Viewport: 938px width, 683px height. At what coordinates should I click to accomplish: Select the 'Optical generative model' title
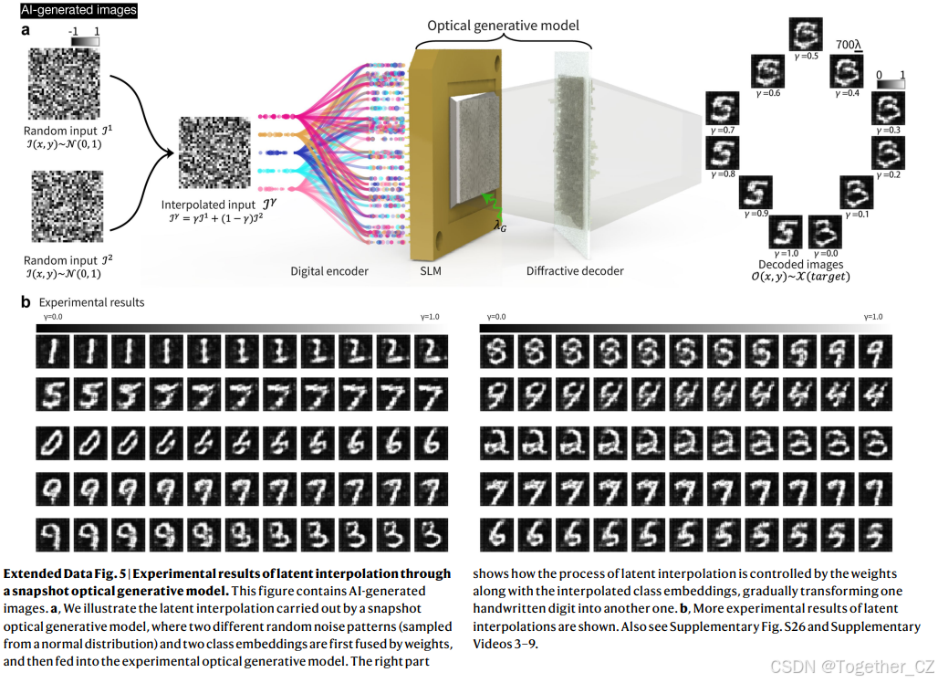(504, 26)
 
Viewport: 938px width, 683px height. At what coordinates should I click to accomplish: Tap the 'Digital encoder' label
(328, 271)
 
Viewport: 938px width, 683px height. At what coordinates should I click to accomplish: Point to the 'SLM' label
(427, 271)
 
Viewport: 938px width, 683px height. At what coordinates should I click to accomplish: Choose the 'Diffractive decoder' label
(575, 271)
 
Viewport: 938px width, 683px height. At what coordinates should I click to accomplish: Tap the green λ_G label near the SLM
(500, 225)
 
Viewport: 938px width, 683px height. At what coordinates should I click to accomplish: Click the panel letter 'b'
(26, 301)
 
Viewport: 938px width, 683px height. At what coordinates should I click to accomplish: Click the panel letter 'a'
(26, 29)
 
